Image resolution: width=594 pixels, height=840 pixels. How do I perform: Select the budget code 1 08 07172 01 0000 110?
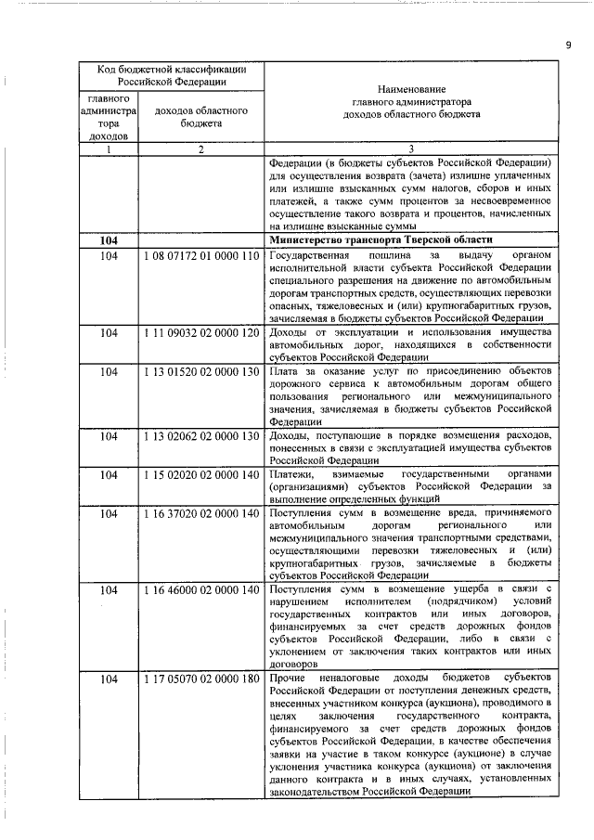click(x=200, y=256)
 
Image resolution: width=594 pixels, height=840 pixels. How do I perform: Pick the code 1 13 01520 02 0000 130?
click(x=200, y=371)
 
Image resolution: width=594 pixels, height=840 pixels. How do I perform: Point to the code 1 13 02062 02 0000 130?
click(x=200, y=436)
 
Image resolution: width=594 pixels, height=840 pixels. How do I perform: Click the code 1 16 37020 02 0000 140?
click(x=200, y=513)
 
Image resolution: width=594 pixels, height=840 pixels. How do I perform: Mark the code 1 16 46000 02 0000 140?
click(x=200, y=589)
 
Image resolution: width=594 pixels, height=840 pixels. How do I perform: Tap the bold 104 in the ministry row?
click(x=110, y=240)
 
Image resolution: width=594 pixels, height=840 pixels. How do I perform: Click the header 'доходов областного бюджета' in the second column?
click(x=200, y=115)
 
